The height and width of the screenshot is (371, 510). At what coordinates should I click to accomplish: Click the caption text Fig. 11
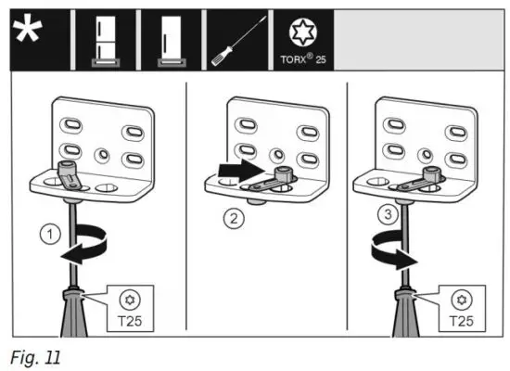[x=34, y=355]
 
